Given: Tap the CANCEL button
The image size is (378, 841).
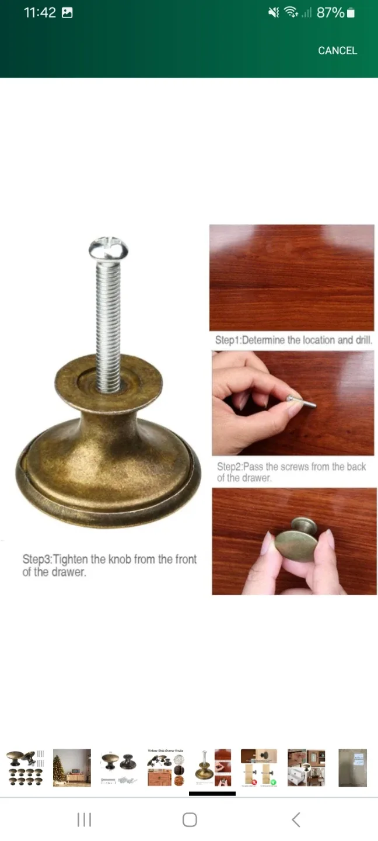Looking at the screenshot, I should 337,51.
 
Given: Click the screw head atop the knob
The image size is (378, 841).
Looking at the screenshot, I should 108,248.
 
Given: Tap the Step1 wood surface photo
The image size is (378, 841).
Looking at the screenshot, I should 292,277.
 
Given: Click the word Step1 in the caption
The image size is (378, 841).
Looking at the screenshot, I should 227,340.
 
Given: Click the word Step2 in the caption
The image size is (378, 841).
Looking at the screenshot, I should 229,467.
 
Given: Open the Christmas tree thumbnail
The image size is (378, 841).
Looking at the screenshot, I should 72,767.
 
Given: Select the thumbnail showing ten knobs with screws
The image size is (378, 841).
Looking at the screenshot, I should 25,767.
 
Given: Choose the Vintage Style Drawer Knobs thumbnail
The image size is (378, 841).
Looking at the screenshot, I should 166,767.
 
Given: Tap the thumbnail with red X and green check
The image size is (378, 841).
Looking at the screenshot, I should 259,767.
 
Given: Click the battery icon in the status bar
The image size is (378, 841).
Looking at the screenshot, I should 351,13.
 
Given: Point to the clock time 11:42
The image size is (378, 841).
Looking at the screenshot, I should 40,13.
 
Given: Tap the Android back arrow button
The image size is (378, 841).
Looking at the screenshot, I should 296,819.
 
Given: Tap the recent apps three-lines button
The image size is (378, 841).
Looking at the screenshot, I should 84,819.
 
